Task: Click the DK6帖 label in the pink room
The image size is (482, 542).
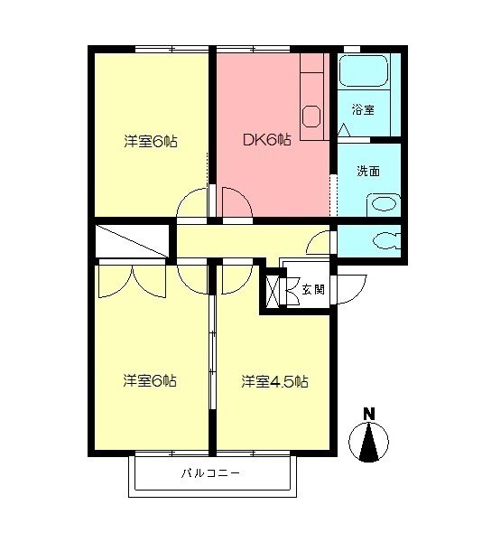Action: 266,140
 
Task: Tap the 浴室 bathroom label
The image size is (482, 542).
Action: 363,109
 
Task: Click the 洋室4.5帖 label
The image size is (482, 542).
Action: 274,381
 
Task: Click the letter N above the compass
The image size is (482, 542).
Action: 368,415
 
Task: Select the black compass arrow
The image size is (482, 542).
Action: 369,443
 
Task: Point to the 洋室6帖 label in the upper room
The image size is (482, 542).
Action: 150,141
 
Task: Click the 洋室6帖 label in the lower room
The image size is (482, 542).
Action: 150,380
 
